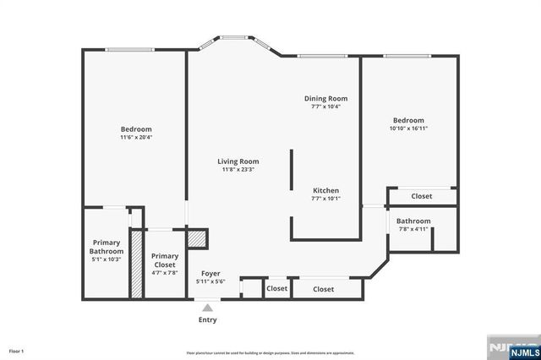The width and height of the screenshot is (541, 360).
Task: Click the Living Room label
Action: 238,161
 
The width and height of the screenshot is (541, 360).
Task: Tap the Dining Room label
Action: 325,99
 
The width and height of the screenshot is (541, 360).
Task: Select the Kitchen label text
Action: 326,190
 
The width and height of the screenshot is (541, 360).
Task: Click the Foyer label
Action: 210,273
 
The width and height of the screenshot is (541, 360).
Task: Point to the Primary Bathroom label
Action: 107,247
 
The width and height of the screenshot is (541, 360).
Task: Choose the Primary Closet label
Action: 165,260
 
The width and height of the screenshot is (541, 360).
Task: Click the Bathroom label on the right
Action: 413,221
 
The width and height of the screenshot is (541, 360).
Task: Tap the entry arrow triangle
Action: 207,308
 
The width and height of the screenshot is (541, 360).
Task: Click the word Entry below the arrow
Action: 207,320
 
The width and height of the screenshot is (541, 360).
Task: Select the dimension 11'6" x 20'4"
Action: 136,137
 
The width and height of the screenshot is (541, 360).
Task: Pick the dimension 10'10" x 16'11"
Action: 408,128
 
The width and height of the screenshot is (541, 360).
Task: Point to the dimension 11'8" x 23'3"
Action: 238,170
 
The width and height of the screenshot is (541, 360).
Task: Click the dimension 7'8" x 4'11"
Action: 413,229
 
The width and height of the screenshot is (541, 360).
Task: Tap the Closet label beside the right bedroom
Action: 421,196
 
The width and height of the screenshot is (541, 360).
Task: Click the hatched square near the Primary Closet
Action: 196,238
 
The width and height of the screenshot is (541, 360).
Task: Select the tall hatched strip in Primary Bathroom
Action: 136,262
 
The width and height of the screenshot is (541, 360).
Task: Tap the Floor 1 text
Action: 17,351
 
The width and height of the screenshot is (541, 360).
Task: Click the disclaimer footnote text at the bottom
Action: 270,352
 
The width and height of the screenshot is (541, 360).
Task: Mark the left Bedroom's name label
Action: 136,128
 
